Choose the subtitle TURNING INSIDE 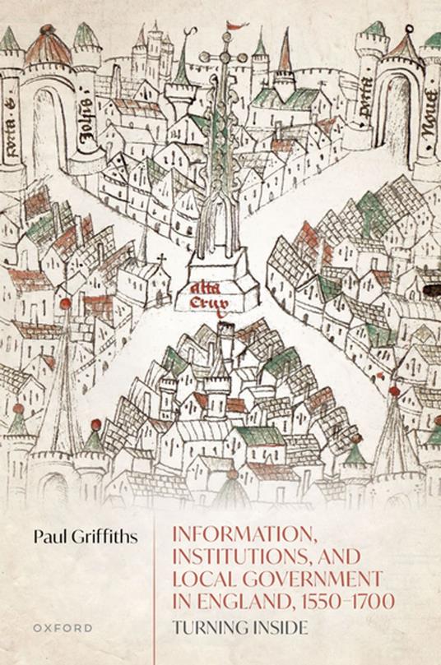pyautogui.click(x=239, y=629)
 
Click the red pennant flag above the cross pyautogui.click(x=236, y=25)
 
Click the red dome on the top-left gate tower pyautogui.click(x=48, y=50)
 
